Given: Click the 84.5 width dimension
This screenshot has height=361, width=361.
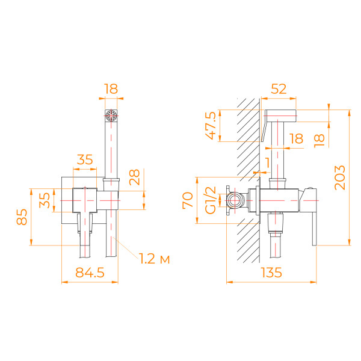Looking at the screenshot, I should click(x=91, y=272).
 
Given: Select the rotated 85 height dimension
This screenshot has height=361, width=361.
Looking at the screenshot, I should click(x=22, y=216).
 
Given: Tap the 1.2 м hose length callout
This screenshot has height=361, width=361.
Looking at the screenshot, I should click(x=153, y=259).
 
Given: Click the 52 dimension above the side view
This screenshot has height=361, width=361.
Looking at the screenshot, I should click(x=279, y=88).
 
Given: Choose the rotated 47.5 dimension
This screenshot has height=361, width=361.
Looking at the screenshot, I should click(x=211, y=125).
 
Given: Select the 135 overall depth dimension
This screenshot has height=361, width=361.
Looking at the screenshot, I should click(x=273, y=273).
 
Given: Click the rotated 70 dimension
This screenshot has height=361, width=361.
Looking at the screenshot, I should click(x=187, y=199).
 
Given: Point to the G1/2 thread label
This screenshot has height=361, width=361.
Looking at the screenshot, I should click(x=211, y=199).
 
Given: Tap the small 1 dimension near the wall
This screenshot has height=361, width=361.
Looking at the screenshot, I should click(x=268, y=162).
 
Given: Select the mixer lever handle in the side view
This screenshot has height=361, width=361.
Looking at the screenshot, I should click(x=313, y=223).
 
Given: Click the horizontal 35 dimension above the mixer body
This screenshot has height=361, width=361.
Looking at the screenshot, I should click(x=85, y=159).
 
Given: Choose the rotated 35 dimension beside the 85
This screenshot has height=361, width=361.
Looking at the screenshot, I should click(x=46, y=199).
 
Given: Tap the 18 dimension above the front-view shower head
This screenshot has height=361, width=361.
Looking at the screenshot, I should click(x=110, y=88).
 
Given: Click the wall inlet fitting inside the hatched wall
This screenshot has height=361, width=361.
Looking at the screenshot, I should click(x=236, y=200).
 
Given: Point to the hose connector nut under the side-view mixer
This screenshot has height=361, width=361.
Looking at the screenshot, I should click(x=275, y=223).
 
